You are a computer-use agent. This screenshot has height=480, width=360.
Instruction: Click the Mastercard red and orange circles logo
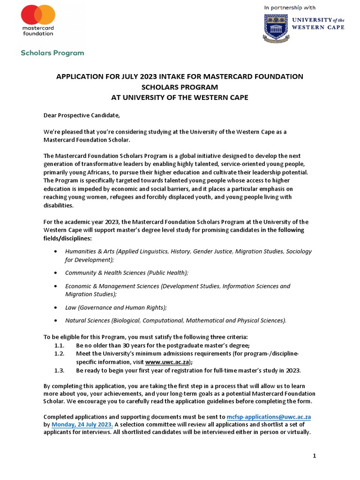38,15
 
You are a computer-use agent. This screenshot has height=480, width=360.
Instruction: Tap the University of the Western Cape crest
273,26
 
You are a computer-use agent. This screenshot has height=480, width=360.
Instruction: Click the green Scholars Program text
52,52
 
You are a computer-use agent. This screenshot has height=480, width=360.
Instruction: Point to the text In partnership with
290,7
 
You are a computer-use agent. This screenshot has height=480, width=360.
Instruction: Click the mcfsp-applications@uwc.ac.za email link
269,416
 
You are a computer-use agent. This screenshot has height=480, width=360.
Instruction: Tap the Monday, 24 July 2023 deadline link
82,424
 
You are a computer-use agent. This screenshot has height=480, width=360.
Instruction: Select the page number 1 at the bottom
315,456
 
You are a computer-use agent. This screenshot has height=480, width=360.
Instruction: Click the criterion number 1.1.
59,346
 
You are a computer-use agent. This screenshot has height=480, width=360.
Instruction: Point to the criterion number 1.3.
59,370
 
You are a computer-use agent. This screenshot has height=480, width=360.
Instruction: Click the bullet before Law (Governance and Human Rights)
57,307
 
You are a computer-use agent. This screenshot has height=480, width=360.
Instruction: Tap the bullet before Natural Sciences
57,321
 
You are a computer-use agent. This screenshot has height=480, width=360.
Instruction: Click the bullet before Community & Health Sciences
57,273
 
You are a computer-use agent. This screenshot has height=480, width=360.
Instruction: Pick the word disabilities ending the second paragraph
58,205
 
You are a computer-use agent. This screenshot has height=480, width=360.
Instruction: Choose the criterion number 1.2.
59,354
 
